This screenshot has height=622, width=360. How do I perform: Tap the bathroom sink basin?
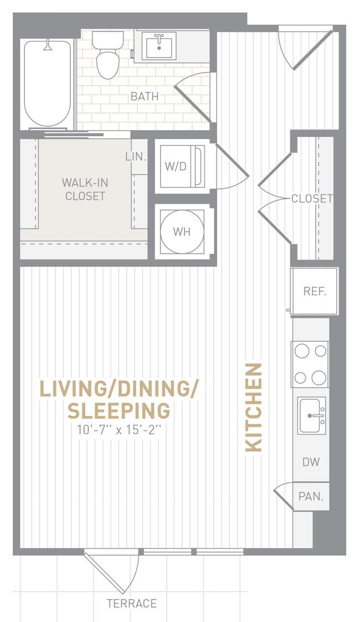tap(159, 48)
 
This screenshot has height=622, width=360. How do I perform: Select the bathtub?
tap(48, 84)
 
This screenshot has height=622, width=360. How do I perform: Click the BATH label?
tap(145, 96)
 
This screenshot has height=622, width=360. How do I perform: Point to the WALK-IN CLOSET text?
tap(85, 189)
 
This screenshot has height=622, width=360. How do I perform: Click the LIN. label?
tap(136, 156)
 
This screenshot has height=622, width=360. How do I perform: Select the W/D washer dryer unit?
tap(182, 166)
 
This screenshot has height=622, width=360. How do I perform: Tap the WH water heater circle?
tap(182, 232)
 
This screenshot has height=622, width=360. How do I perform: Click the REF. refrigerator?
tap(315, 291)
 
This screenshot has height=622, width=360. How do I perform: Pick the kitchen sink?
tap(312, 416)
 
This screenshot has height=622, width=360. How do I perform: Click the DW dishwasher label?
tap(311, 462)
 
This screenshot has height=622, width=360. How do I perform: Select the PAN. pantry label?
tap(311, 496)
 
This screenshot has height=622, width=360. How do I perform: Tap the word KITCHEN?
tap(254, 408)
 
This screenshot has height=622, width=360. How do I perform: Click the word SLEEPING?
tap(119, 410)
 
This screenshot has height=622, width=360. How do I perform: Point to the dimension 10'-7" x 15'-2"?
tap(119, 430)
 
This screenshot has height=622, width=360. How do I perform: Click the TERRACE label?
tap(132, 603)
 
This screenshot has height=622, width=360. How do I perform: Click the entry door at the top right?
tap(305, 48)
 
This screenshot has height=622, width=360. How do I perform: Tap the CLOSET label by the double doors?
tap(312, 198)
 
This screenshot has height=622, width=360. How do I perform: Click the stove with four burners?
tap(310, 364)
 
